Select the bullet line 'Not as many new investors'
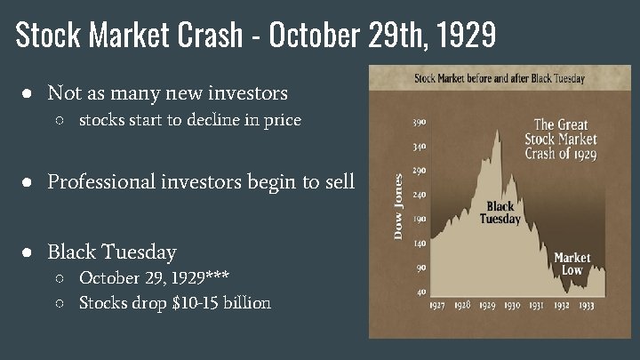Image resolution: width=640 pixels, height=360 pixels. click(x=167, y=92)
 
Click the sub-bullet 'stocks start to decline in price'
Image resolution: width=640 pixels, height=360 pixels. click(x=189, y=120)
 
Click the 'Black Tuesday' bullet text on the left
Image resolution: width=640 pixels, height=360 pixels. click(x=112, y=252)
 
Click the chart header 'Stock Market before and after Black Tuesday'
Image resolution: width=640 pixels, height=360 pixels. click(x=500, y=78)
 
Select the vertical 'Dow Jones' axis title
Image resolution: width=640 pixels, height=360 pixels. click(x=398, y=206)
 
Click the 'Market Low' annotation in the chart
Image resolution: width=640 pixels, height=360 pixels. click(x=572, y=263)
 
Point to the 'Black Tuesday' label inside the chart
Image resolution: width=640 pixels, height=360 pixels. click(x=500, y=213)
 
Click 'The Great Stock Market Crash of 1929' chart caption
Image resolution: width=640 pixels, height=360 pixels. click(x=561, y=139)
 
